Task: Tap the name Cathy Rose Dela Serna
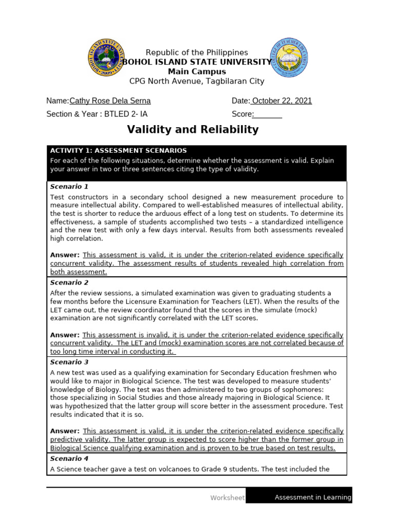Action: [110, 101]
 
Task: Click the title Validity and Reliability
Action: [193, 130]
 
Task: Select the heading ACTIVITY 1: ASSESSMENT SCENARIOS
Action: [118, 151]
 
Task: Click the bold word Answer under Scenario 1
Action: [65, 255]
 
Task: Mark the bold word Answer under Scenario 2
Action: [65, 334]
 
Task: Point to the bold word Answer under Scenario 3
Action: [65, 431]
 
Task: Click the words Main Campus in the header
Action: [197, 72]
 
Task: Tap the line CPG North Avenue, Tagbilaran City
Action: [197, 81]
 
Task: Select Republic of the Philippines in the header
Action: [197, 53]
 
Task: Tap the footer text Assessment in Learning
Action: [313, 497]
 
